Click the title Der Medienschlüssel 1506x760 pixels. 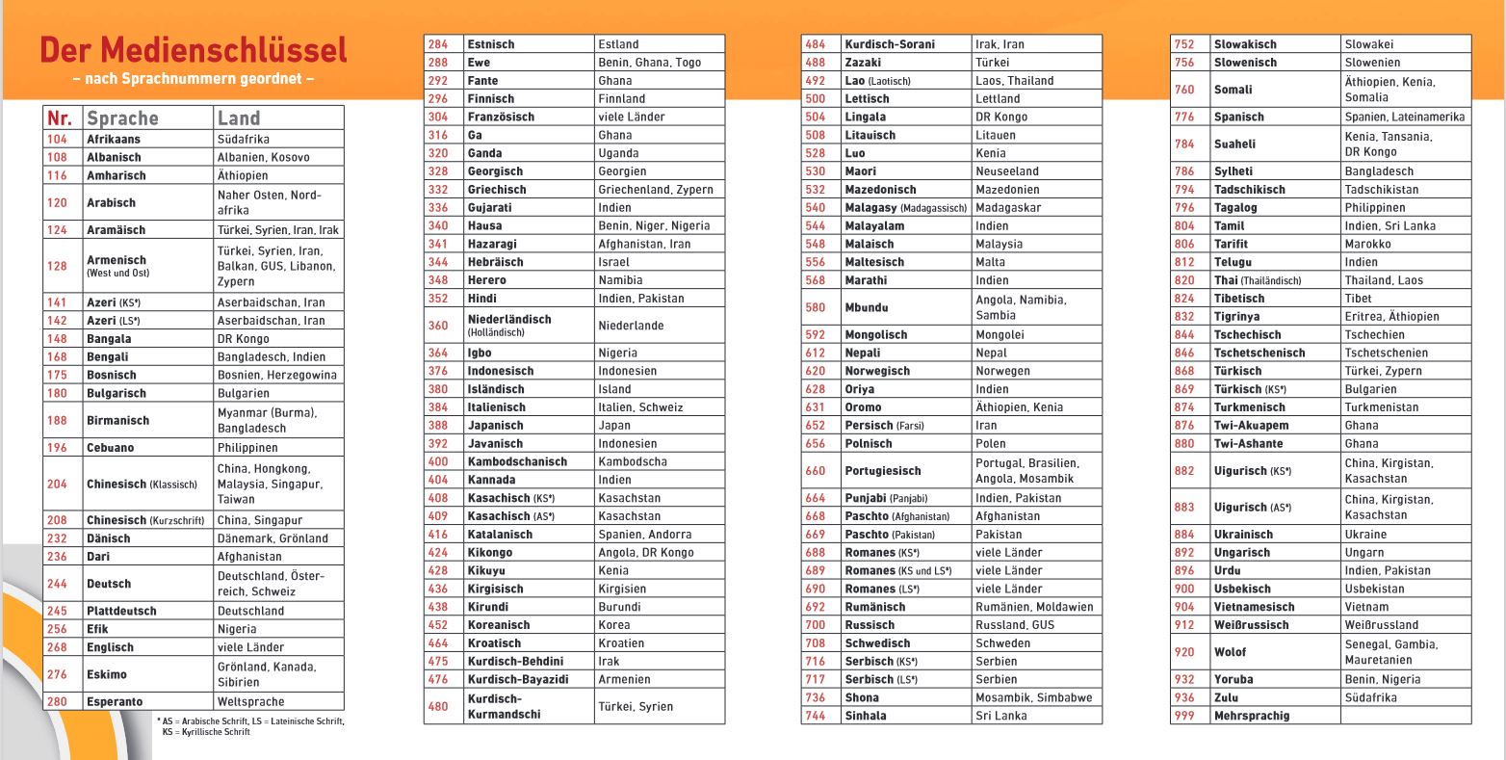194,50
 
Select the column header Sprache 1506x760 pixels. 122,118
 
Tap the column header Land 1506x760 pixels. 239,118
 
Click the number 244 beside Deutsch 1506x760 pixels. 58,584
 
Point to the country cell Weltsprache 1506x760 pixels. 250,701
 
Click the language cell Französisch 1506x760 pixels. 501,117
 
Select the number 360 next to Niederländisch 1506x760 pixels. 438,326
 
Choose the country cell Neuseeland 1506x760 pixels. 1007,171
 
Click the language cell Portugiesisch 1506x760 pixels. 883,471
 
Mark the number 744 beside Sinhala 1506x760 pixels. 816,716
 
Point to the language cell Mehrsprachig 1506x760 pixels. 1252,716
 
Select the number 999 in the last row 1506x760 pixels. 1184,716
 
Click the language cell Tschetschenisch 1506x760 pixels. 1259,353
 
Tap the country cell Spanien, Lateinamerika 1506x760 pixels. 1405,117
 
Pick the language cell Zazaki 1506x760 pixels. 863,63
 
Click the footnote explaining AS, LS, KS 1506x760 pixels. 250,726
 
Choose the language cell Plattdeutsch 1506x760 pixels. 121,611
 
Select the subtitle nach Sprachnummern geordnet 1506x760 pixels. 194,79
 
